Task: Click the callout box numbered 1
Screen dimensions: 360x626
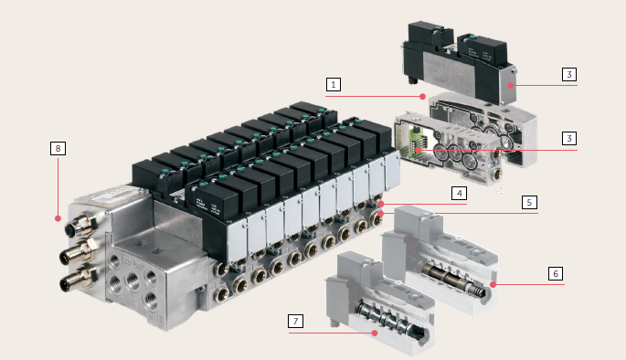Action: (x=334, y=84)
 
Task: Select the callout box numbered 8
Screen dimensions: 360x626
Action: (x=58, y=147)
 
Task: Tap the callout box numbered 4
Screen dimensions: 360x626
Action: (x=459, y=193)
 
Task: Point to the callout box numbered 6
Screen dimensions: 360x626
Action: (x=554, y=273)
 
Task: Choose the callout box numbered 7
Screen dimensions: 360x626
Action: (x=295, y=321)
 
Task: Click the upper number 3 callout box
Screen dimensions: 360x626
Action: (x=568, y=74)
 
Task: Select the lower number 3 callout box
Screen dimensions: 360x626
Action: (x=568, y=139)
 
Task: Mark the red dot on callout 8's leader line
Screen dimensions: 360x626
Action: (x=57, y=218)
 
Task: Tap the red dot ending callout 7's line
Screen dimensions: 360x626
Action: (x=375, y=334)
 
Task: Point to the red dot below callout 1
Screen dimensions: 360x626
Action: (x=421, y=96)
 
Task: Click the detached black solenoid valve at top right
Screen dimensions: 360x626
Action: (x=457, y=64)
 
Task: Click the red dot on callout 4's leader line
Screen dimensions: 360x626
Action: (x=383, y=204)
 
